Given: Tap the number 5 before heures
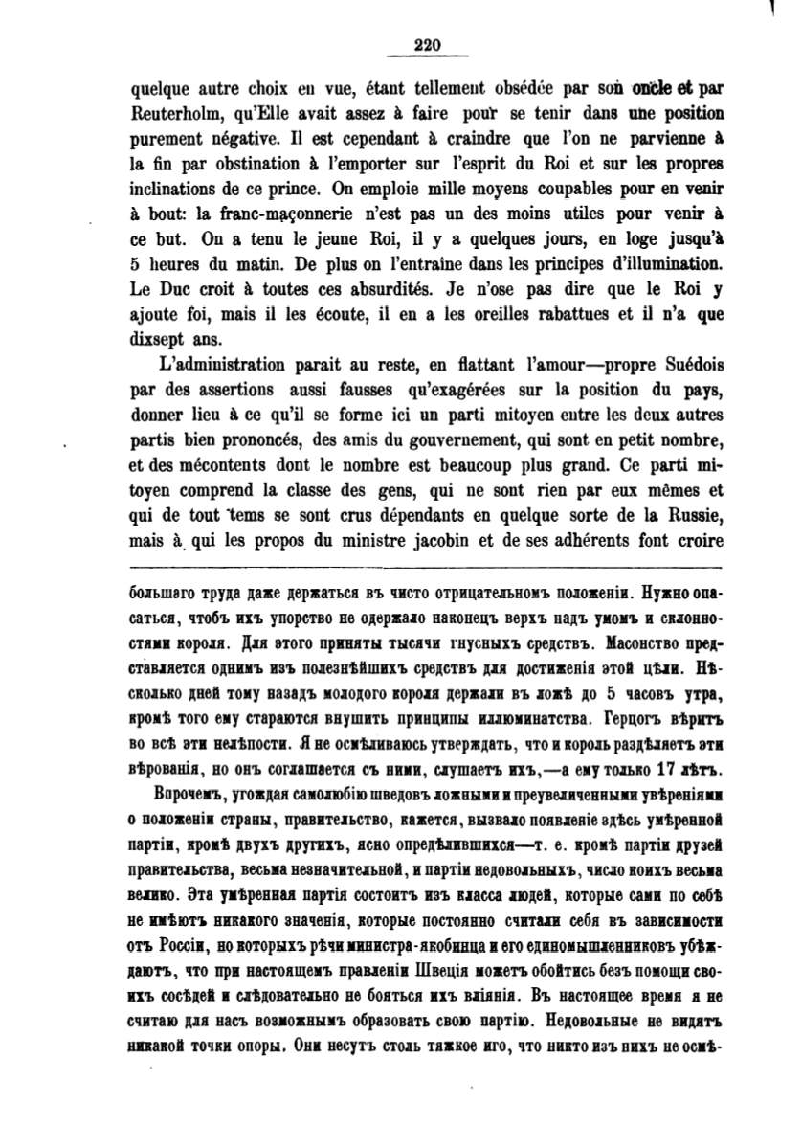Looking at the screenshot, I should point(135,267).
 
